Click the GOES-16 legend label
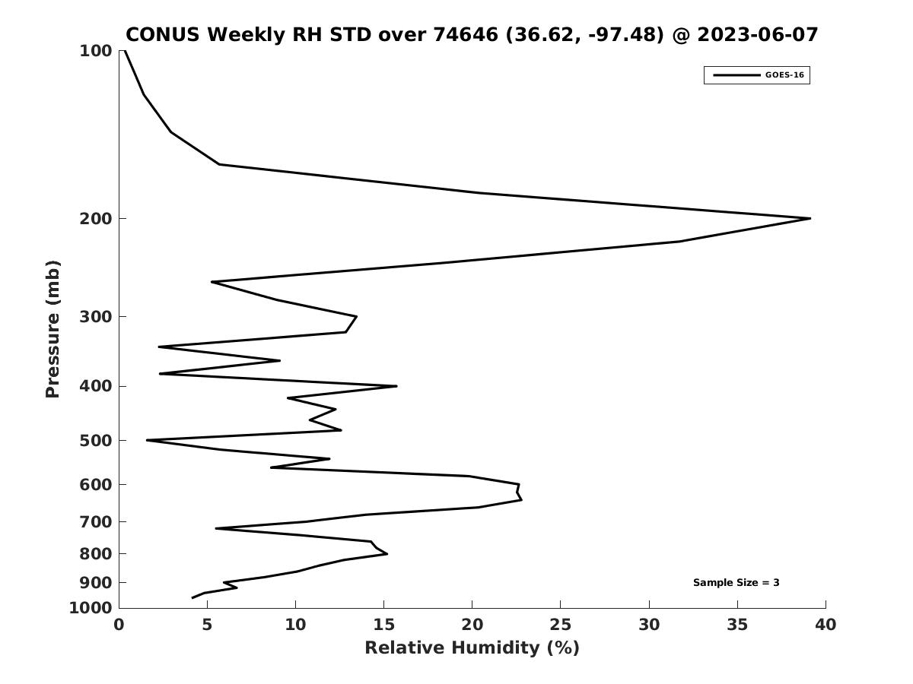click(784, 75)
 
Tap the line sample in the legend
click(736, 75)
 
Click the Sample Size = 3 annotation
click(736, 582)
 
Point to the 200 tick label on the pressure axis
click(96, 218)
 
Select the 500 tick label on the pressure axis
click(96, 440)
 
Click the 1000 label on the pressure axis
click(91, 608)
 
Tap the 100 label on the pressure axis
click(96, 51)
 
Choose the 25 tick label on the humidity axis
click(560, 625)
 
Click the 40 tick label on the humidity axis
click(826, 625)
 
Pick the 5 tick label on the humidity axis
click(207, 625)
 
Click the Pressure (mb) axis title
click(52, 329)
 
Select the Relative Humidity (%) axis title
click(472, 648)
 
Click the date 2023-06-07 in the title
click(758, 34)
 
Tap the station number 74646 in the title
click(466, 34)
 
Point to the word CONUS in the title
click(163, 34)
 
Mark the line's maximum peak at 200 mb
click(810, 218)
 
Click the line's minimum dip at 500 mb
click(148, 440)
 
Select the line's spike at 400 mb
click(396, 386)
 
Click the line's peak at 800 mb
click(387, 553)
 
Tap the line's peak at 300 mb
click(357, 316)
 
